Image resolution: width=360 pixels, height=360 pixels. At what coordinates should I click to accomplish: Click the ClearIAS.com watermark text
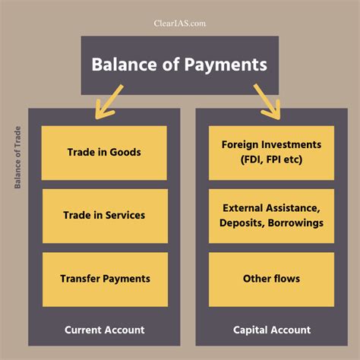coord(180,24)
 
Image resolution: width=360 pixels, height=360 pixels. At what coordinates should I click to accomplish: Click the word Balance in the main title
coord(125,65)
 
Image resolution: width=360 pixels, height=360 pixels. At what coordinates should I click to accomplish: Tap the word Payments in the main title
coord(226,65)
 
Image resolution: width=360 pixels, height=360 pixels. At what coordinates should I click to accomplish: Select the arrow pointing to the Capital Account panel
coord(267,102)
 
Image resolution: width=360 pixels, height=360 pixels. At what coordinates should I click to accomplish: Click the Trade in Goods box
coord(104,153)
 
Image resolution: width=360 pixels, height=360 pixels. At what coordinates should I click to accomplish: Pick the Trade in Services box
coord(105,216)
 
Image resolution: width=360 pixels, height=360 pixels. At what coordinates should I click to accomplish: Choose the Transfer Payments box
coord(105,279)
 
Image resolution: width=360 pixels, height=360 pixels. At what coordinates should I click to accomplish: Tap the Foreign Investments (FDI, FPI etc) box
coord(271,153)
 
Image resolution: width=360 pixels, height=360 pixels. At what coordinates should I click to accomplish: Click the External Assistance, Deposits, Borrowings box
coord(271,216)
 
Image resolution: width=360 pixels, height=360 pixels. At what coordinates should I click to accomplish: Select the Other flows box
coord(271,279)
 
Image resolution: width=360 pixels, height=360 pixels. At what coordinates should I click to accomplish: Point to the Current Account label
coord(105,330)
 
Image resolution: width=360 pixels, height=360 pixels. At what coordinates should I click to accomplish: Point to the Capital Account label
coord(272,330)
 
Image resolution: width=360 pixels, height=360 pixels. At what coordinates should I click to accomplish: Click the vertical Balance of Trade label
coord(17,157)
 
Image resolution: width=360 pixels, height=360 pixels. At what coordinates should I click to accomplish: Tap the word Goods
coord(125,152)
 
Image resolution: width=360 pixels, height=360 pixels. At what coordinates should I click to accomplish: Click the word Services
coord(125,215)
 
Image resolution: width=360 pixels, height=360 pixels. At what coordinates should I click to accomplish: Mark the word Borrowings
coord(295,223)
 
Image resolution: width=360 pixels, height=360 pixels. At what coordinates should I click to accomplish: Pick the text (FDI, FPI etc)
coord(271,159)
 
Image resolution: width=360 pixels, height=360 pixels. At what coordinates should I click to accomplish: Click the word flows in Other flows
coord(286,279)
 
